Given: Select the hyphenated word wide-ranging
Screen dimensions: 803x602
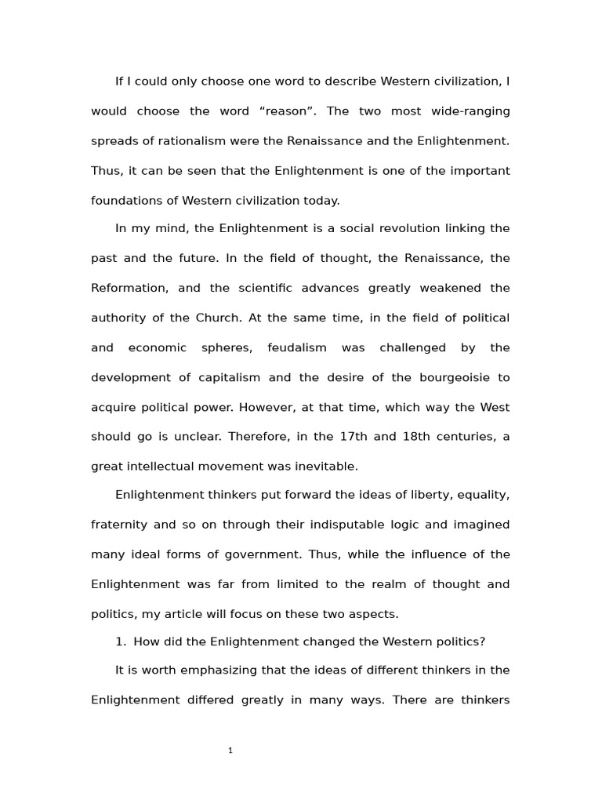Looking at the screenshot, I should [x=470, y=111].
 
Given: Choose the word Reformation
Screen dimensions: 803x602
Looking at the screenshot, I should [x=129, y=289].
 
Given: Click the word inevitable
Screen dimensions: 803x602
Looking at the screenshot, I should [x=321, y=467].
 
